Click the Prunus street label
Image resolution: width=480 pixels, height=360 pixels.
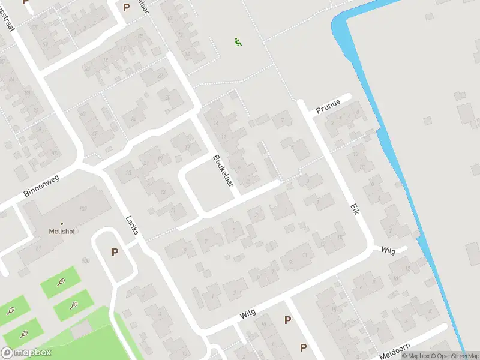(x=328, y=103)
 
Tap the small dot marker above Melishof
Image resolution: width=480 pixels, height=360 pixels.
(x=61, y=223)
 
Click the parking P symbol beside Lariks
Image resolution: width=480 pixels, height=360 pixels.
(x=115, y=253)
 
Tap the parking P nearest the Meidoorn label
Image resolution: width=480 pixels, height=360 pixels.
(x=303, y=347)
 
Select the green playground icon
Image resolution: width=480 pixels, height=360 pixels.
(x=238, y=42)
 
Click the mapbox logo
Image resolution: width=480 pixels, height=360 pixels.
(x=26, y=353)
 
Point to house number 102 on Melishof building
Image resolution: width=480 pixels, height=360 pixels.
(x=83, y=209)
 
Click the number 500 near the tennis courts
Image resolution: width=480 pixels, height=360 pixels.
(x=85, y=260)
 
